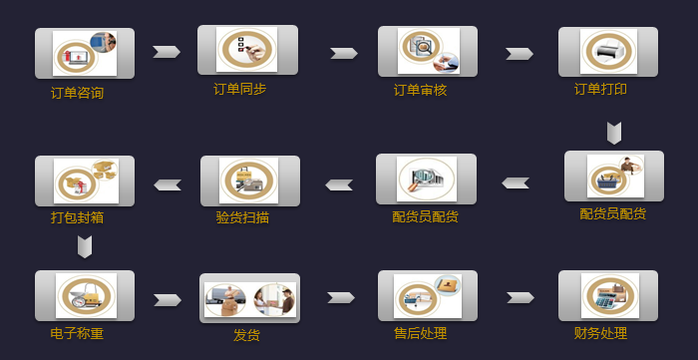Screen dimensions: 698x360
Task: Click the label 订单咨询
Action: [77, 93]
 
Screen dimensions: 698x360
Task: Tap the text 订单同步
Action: [239, 89]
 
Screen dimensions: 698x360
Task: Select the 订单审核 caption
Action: [420, 90]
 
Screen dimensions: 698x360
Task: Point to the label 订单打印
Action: [600, 89]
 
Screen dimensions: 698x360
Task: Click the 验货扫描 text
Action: [242, 216]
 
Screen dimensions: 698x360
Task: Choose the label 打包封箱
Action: [77, 216]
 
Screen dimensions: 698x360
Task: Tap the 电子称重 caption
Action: [77, 333]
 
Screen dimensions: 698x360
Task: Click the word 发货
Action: [246, 335]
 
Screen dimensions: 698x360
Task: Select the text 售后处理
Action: [420, 333]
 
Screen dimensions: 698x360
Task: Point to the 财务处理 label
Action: [600, 333]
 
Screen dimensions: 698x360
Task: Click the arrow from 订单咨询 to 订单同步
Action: [167, 52]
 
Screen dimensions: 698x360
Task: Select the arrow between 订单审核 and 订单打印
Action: [520, 54]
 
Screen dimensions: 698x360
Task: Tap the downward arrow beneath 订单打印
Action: [614, 133]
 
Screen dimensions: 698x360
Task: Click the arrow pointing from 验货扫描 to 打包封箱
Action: [168, 184]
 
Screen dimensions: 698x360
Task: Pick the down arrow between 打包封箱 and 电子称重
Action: [85, 246]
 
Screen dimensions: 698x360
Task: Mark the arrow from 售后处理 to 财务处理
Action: [521, 297]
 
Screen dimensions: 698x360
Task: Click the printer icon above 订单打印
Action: [608, 50]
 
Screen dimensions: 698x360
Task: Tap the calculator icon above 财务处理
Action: [608, 295]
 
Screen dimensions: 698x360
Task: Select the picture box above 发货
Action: [249, 298]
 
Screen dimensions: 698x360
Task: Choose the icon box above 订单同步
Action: [247, 49]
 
